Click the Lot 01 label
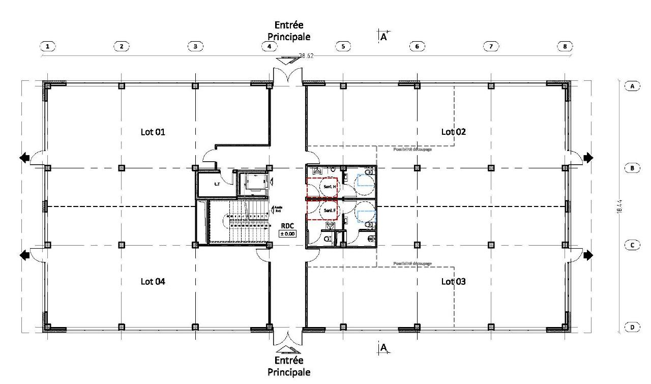[x=153, y=132]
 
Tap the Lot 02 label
[x=453, y=132]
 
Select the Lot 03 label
[x=453, y=281]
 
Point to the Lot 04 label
[x=153, y=281]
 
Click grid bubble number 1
[x=47, y=46]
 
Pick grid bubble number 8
[x=565, y=46]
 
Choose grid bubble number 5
[x=343, y=46]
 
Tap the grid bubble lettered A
[x=632, y=86]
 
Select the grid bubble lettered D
[x=632, y=327]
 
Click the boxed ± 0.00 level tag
[x=287, y=233]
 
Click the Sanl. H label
[x=329, y=187]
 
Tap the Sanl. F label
[x=329, y=211]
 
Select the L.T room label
[x=217, y=184]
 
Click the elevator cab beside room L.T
[x=252, y=184]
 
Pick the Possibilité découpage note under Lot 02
[x=412, y=150]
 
